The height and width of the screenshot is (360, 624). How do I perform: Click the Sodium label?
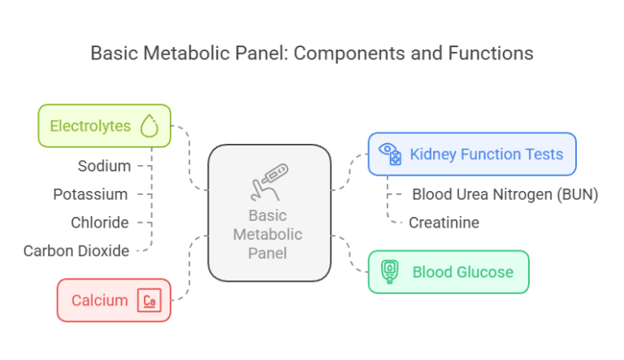(104, 166)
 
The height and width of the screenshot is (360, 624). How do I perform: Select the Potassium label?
(90, 194)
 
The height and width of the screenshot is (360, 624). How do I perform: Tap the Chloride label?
(100, 222)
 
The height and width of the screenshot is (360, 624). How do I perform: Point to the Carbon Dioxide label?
(76, 250)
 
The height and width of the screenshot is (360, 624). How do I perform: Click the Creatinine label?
(444, 222)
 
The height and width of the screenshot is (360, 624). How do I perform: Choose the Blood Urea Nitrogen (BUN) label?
(505, 194)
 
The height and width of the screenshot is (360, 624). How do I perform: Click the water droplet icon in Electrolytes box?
(149, 126)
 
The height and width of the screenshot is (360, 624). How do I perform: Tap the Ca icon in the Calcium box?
(149, 301)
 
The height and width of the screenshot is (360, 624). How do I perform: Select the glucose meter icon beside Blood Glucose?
(390, 271)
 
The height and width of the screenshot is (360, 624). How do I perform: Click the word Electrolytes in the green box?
(90, 126)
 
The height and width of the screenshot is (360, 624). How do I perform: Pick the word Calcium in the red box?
(99, 301)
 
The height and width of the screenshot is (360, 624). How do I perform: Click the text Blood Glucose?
(462, 271)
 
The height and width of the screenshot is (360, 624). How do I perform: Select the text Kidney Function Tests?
(486, 154)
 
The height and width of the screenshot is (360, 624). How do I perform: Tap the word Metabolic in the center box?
(268, 234)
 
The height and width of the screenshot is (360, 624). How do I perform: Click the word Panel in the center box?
(269, 253)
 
